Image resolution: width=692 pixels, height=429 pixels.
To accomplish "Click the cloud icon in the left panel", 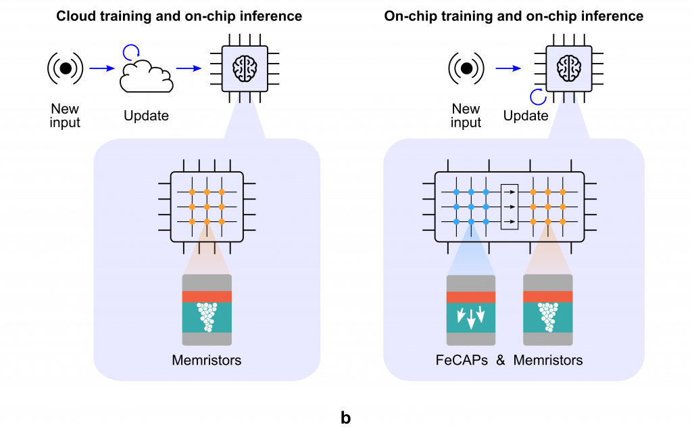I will (x=146, y=76).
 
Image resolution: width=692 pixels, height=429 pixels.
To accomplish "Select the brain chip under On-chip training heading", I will (x=568, y=68).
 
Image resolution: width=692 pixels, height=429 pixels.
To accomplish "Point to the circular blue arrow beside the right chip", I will (x=538, y=97).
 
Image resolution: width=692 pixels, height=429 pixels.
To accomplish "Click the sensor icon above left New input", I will (x=65, y=68).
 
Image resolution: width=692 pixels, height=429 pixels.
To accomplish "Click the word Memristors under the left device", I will (x=207, y=360).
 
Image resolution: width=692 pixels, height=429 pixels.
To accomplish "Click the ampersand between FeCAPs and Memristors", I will (x=500, y=360).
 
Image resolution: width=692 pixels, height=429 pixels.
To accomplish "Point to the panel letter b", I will (x=346, y=417).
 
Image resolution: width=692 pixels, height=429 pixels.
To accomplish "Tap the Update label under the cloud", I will (x=146, y=116).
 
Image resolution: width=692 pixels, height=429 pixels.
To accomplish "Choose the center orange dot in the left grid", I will (x=207, y=206).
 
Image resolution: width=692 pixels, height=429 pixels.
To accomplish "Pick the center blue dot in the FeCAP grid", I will (x=471, y=206).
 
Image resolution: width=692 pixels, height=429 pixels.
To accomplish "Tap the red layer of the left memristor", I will (x=207, y=297).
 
